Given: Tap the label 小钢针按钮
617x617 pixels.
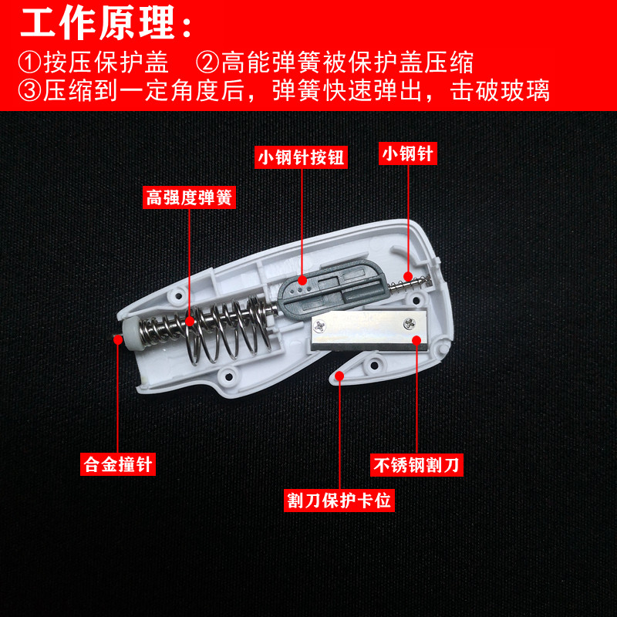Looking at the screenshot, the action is click(301, 157).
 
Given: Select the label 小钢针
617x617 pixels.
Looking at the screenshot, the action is click(408, 153).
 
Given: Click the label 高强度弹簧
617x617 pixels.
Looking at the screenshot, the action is click(189, 197).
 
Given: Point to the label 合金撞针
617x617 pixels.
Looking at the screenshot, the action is click(118, 464).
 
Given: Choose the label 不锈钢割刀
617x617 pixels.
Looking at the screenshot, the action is click(416, 465).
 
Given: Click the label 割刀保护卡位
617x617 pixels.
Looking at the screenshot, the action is click(339, 501).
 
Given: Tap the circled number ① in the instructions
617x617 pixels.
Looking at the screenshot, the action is click(29, 62).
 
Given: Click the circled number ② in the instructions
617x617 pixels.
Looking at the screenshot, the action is click(207, 62).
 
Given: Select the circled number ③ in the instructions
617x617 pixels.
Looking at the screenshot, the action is click(29, 91).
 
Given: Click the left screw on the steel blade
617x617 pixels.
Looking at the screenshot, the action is click(319, 325).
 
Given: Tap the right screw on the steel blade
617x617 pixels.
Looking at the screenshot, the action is click(410, 324).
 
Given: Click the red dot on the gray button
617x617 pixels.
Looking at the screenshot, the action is click(302, 280).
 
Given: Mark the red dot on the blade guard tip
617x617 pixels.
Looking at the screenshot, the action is click(339, 376).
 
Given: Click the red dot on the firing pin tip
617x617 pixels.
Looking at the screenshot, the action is click(118, 339).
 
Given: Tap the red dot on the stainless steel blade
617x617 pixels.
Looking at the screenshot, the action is click(416, 340).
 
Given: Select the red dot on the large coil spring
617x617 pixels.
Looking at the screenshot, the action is click(190, 322).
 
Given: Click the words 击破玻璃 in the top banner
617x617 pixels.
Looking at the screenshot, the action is click(500, 91).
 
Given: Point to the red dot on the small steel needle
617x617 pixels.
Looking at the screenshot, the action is click(408, 276).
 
